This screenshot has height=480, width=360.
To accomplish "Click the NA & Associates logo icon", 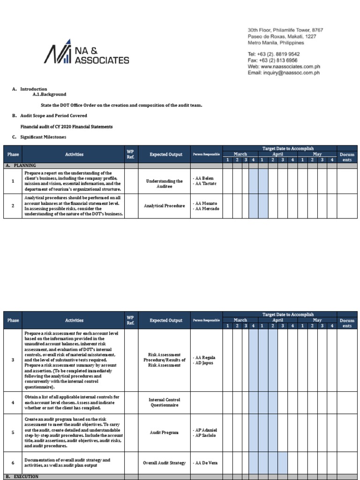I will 58,52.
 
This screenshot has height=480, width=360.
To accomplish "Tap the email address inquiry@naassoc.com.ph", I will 284,73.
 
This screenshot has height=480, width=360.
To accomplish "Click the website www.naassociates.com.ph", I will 284,67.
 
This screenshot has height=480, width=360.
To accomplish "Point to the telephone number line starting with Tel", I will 273,54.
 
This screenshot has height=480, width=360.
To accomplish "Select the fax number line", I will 273,60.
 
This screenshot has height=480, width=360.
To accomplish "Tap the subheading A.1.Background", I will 49,94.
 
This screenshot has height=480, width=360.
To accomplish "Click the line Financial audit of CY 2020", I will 66,127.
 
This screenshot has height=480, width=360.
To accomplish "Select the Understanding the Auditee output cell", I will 164,183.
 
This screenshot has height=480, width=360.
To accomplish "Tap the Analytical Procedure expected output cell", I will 164,206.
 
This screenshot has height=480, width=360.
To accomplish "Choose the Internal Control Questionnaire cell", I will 164,403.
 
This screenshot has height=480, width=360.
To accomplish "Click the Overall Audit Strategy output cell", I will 164,463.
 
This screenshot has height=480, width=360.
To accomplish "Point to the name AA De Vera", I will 206,463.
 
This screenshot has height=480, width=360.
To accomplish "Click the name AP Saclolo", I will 206,435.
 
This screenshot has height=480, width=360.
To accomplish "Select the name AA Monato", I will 206,203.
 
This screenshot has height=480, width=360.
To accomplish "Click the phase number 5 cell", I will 13,433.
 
